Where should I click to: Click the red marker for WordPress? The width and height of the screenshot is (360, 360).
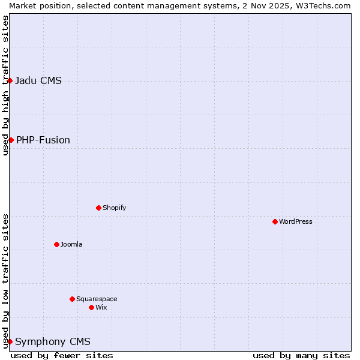[x=275, y=221]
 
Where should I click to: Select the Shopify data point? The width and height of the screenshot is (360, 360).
[x=98, y=208]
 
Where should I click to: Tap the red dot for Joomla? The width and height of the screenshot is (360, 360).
[x=56, y=244]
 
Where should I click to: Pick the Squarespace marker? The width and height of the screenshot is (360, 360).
[x=72, y=299]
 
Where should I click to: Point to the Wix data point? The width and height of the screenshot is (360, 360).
[x=91, y=307]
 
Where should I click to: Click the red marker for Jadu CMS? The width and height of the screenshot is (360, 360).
[x=10, y=80]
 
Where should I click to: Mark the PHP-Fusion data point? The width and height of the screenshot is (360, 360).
[x=11, y=140]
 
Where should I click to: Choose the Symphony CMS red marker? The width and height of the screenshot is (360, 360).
[x=10, y=341]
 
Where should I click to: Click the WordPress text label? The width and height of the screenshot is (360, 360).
[x=296, y=221]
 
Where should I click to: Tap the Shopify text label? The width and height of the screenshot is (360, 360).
[x=114, y=208]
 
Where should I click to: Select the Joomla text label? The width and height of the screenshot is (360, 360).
[x=71, y=244]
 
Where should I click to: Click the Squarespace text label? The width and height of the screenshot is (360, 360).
[x=97, y=299]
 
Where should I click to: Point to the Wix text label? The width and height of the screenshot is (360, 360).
[x=101, y=307]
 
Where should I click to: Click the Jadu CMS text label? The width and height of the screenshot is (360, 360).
[x=38, y=80]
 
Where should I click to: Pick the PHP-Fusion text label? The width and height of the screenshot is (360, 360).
[x=43, y=140]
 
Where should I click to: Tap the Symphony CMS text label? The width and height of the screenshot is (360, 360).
[x=53, y=341]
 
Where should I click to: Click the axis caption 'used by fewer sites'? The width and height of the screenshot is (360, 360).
[x=62, y=355]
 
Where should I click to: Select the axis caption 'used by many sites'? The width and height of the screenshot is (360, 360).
[x=301, y=355]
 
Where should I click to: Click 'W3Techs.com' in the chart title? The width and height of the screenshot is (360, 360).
[x=326, y=5]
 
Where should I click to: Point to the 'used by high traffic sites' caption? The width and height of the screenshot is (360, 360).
[x=5, y=85]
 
